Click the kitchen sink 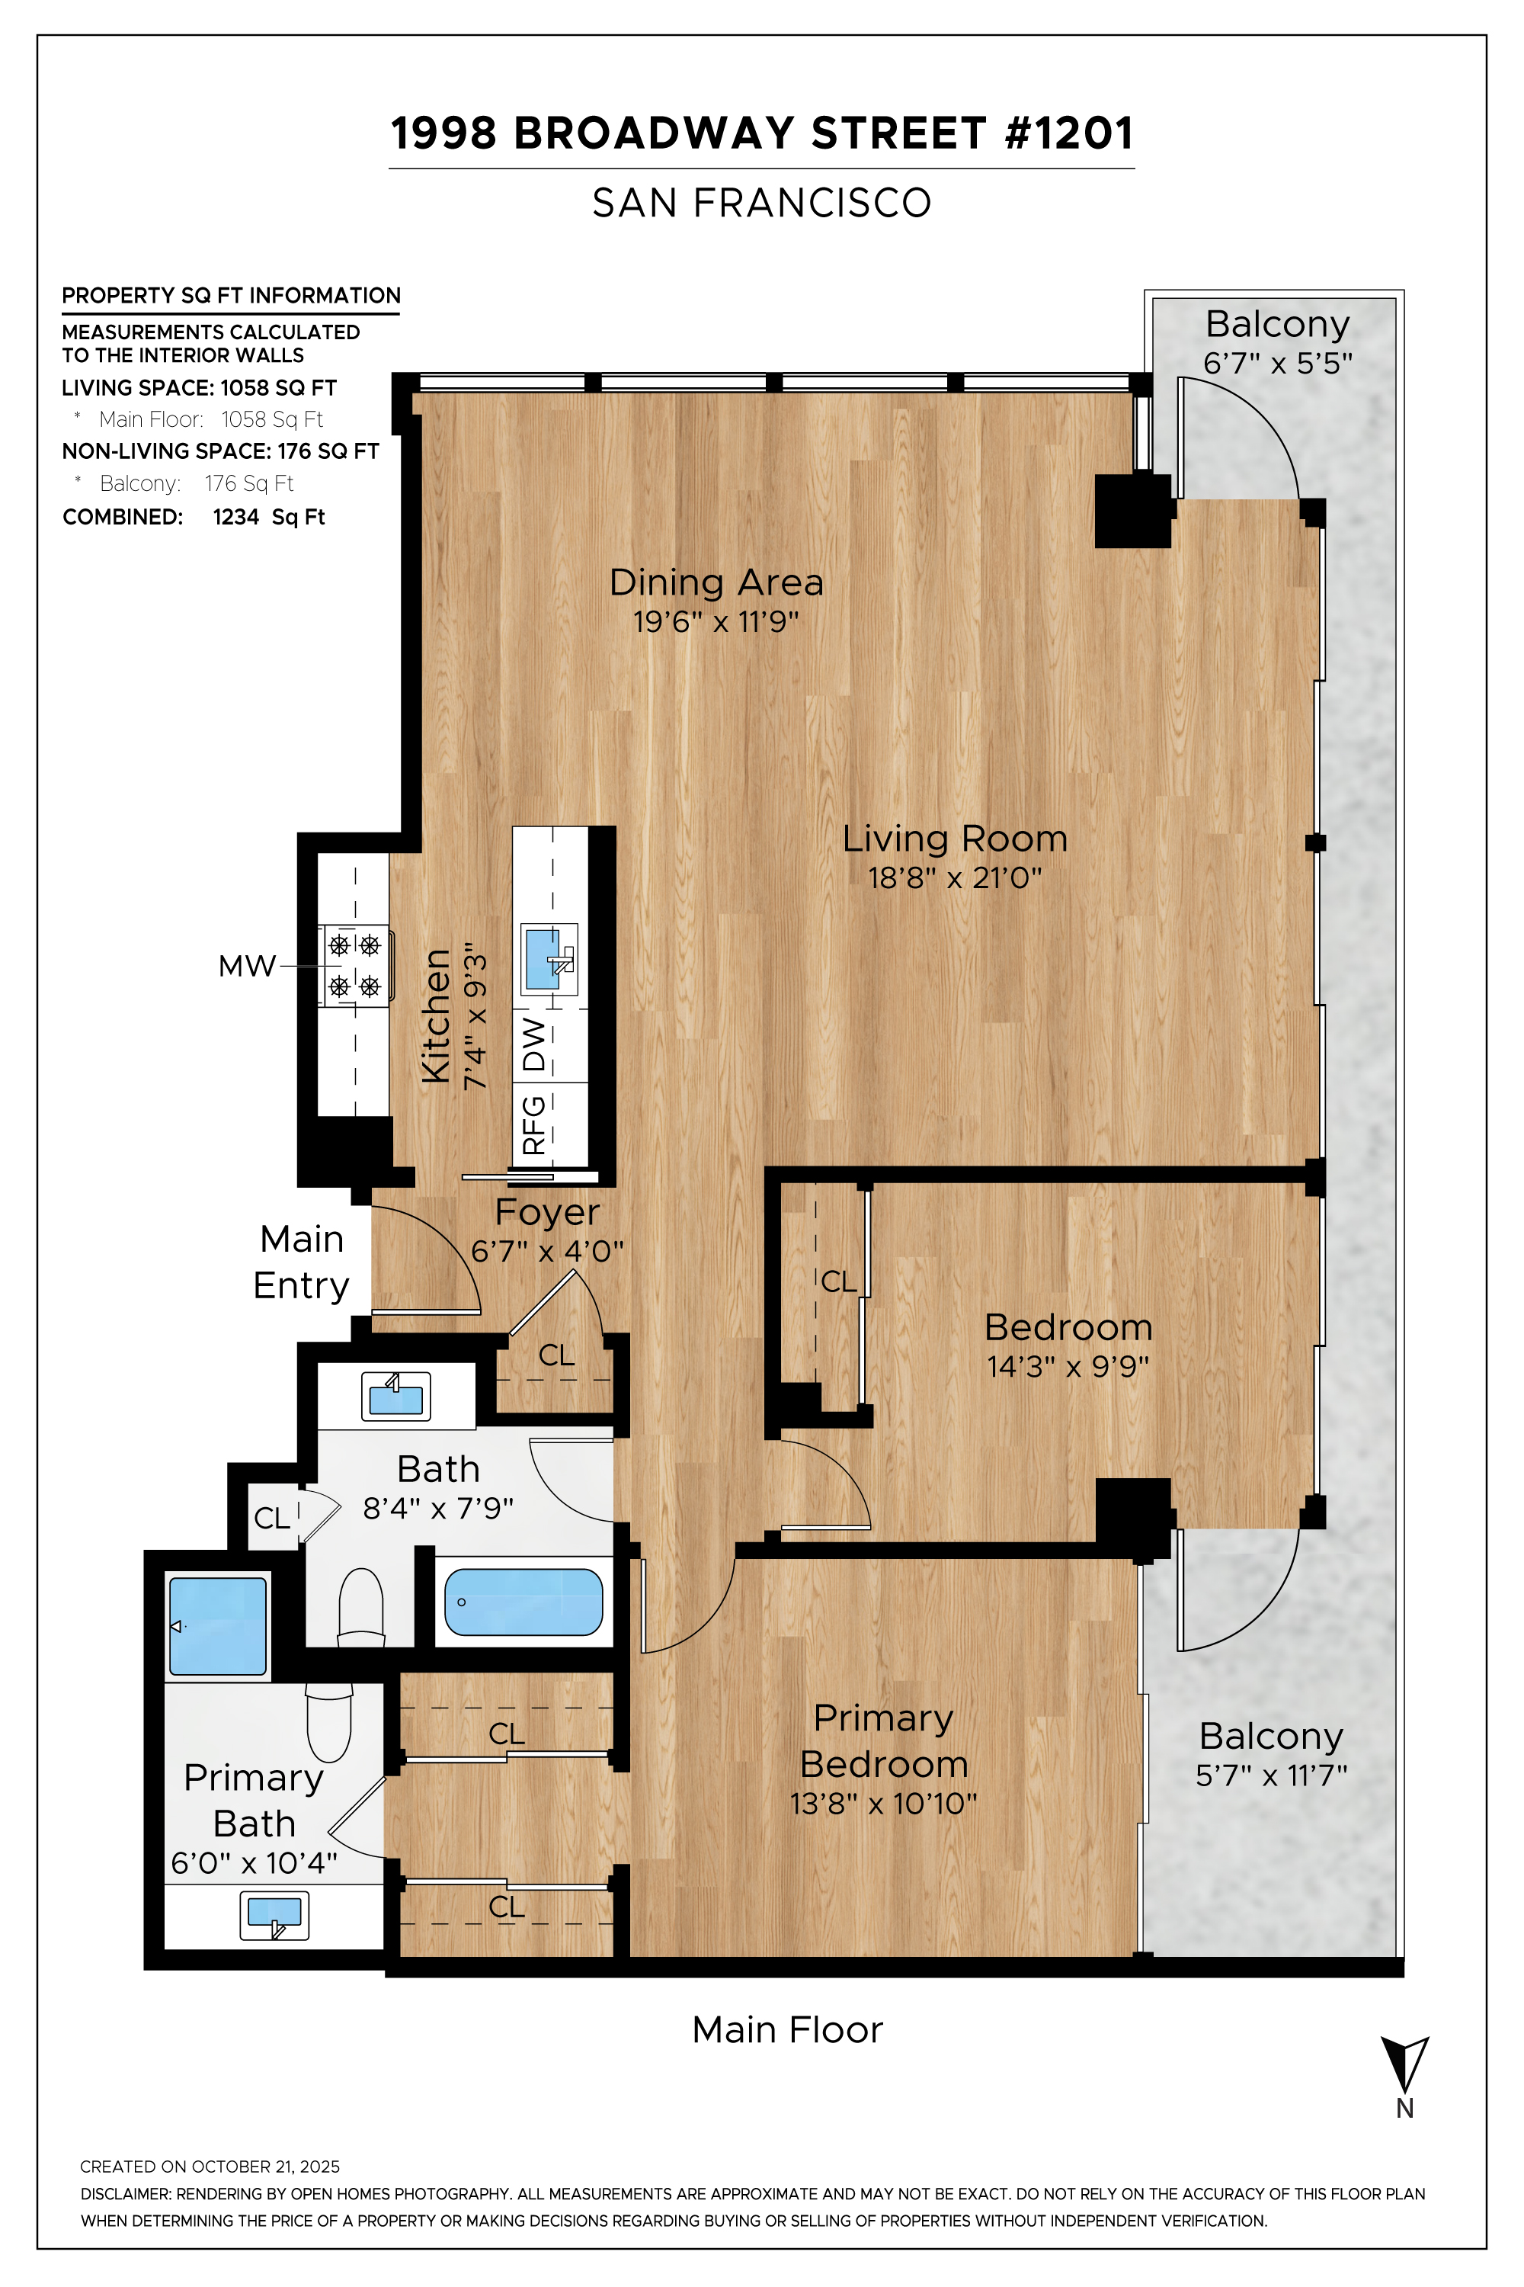coord(544,959)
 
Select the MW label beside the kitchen coord(247,967)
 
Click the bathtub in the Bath coord(523,1602)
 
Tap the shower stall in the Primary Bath coord(218,1626)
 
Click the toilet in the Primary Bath coord(328,1722)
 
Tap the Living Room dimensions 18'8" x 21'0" coord(955,878)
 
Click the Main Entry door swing coord(427,1259)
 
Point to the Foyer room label coord(547,1213)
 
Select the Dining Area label coord(716,582)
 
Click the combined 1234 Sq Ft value coord(269,518)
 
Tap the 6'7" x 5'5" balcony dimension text coord(1277,364)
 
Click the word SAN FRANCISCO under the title coord(762,204)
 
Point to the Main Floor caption coord(787,2030)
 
